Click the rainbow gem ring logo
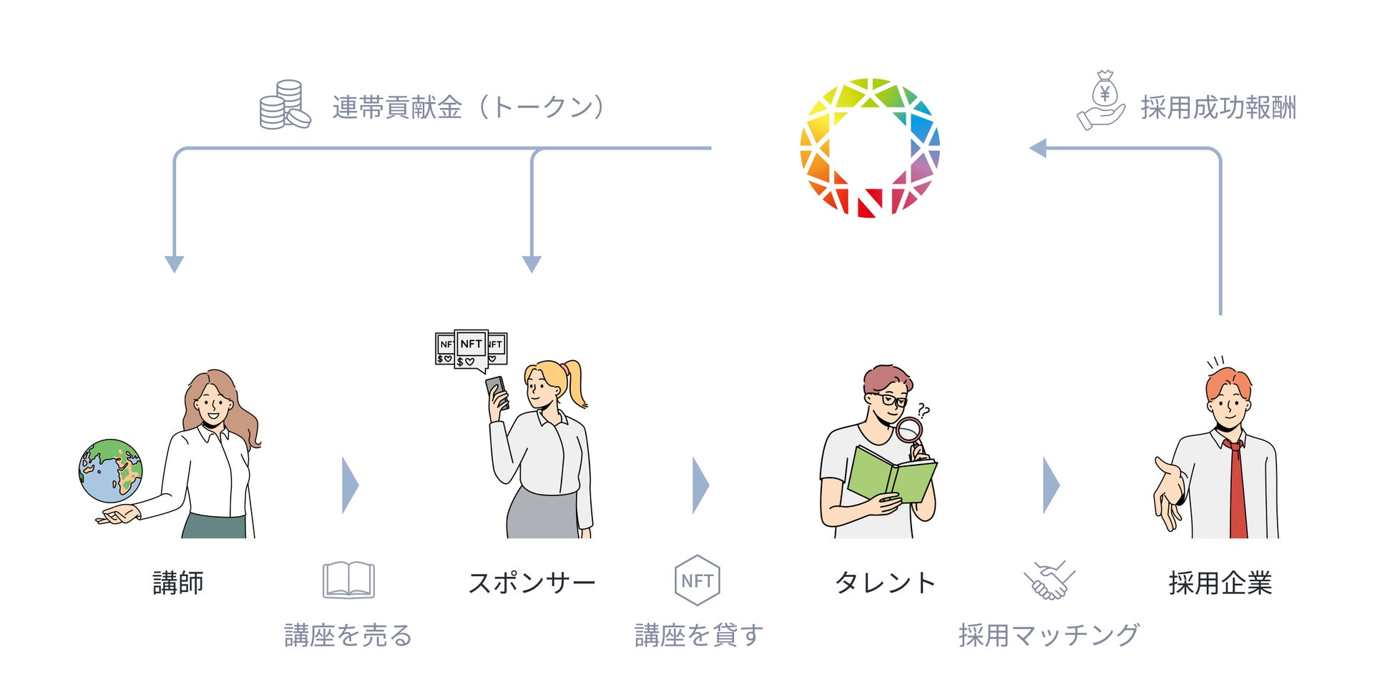click(x=869, y=147)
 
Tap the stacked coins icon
click(x=284, y=105)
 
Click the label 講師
click(x=178, y=583)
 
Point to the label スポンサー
click(x=532, y=583)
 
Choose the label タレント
click(x=885, y=583)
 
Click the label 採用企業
click(x=1220, y=583)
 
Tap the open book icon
click(x=348, y=580)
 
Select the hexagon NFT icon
click(x=697, y=580)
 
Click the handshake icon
click(x=1049, y=580)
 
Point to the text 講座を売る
click(x=348, y=635)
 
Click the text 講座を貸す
click(x=699, y=635)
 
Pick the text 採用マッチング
click(x=1049, y=635)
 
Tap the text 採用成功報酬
click(x=1218, y=108)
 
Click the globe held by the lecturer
click(x=110, y=471)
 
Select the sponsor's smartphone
click(x=497, y=392)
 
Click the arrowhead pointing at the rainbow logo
click(x=1037, y=148)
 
